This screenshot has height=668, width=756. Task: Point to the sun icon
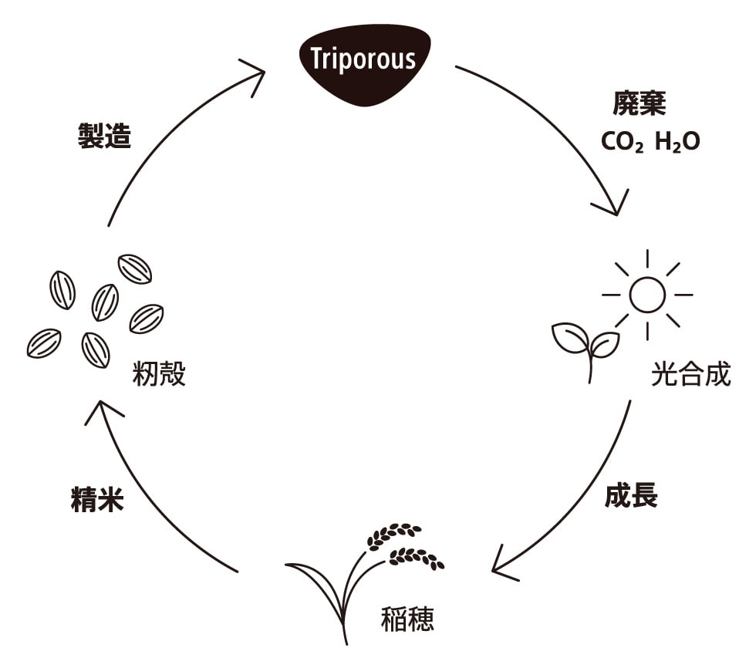[x=646, y=294]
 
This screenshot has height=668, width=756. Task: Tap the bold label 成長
[x=630, y=496]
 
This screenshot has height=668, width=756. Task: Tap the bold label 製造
[x=105, y=137]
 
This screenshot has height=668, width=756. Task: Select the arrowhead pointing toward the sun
[x=608, y=207]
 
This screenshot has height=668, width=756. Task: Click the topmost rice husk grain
[x=135, y=268]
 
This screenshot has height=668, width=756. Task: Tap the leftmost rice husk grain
[x=44, y=343]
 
